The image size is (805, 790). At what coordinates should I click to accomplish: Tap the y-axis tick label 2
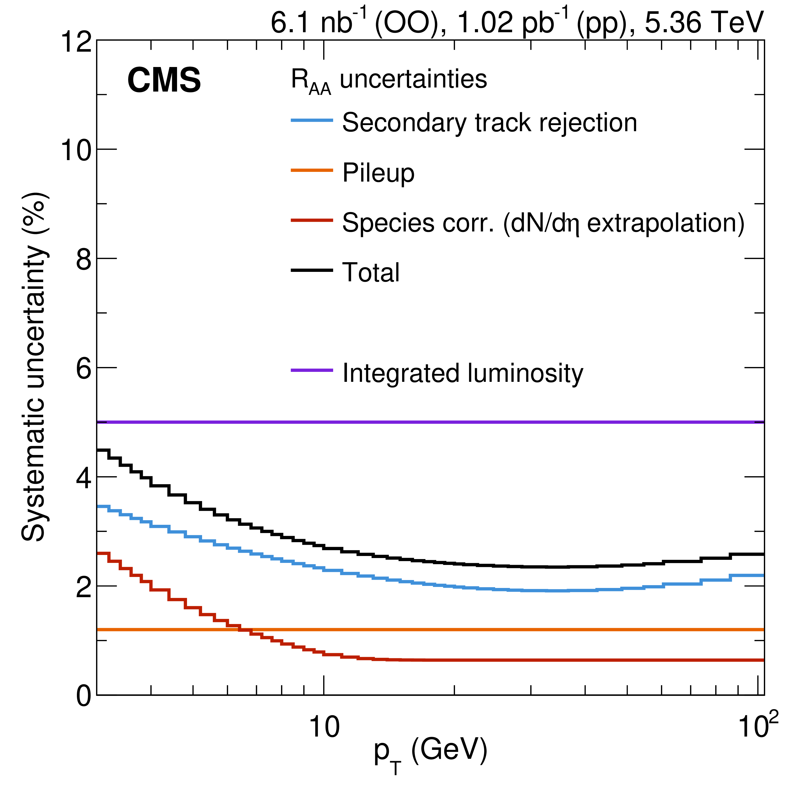[x=84, y=587]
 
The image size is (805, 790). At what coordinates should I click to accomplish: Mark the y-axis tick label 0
[x=84, y=696]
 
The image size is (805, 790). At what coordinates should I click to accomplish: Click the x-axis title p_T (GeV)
[x=430, y=753]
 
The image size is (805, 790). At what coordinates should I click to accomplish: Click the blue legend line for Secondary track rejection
[x=312, y=120]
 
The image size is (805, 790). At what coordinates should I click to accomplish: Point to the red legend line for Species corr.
[x=312, y=220]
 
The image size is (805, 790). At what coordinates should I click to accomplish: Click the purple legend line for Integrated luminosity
[x=312, y=370]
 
